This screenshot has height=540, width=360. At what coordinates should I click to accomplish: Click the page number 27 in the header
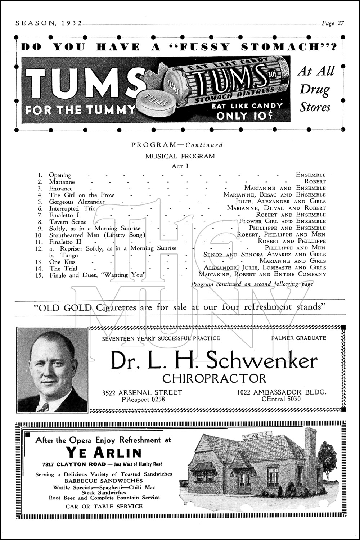[340, 23]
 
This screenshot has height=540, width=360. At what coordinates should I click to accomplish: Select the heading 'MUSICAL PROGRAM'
[180, 156]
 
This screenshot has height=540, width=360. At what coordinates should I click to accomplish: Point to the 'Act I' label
[180, 166]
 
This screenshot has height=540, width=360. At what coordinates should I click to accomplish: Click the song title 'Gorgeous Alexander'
[77, 202]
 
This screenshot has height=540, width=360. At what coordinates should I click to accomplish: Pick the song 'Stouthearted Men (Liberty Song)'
[97, 235]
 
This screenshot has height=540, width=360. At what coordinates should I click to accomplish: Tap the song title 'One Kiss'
[62, 262]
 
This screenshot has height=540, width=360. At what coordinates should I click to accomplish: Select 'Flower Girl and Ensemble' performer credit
[282, 221]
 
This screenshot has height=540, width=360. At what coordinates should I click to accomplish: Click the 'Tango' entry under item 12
[69, 255]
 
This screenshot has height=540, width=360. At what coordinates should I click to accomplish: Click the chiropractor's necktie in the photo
[44, 408]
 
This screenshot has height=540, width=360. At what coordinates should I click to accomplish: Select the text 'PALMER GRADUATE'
[298, 338]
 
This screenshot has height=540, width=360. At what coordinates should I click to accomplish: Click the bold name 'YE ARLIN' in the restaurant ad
[104, 453]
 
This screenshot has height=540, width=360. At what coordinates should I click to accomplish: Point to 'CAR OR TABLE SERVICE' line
[104, 506]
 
